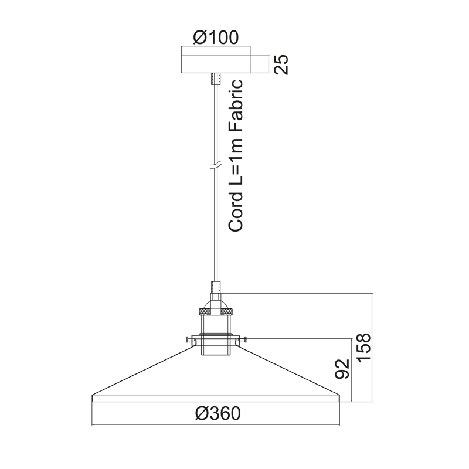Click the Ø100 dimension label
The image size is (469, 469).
216,38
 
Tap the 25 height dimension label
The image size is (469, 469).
281,64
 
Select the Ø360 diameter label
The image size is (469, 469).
217,414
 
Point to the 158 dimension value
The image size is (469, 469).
364,348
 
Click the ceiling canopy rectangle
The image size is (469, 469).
216,64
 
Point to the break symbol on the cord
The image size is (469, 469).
215,166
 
